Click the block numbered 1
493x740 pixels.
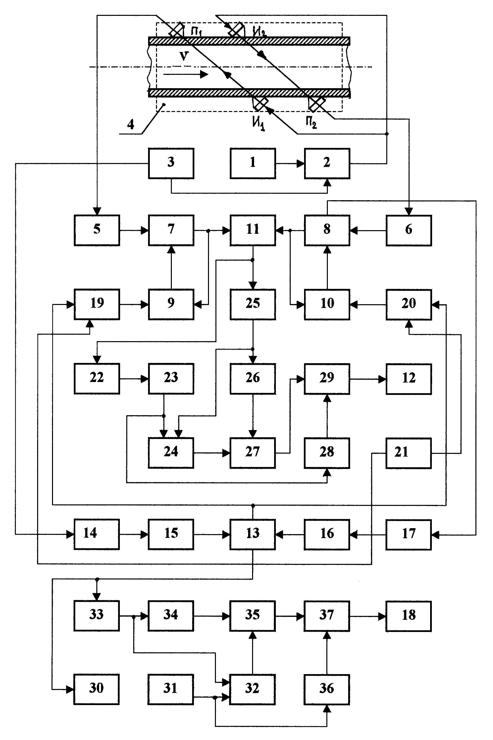coord(253,164)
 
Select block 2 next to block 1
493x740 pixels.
coord(327,164)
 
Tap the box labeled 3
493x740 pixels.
coord(171,164)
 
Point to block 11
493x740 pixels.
coord(253,230)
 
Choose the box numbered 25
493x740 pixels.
coord(253,304)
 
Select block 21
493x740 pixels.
coord(409,453)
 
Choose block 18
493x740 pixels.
coord(409,616)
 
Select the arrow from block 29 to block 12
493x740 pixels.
coord(368,379)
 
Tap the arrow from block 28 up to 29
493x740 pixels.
coord(327,416)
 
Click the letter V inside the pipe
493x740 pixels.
coord(184,56)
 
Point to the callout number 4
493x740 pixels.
coord(130,125)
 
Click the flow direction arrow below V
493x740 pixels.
coord(185,75)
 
